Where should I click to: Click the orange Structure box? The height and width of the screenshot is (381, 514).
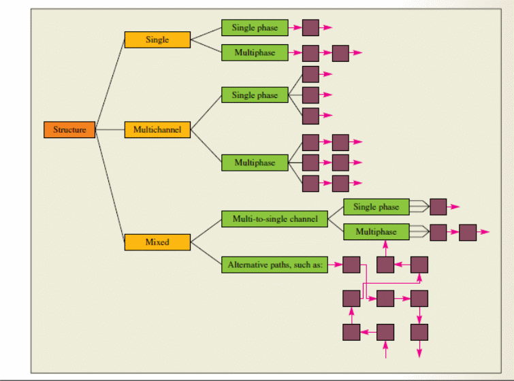point(69,129)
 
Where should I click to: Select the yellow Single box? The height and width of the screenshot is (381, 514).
point(157,40)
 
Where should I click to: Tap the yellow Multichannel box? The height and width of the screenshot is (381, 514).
point(157,129)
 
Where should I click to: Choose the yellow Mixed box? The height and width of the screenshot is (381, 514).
point(157,242)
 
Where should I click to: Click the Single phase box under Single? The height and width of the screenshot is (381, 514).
point(255,28)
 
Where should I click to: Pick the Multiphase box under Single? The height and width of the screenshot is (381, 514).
point(255,52)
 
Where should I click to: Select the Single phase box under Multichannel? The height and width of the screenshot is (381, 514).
point(255,95)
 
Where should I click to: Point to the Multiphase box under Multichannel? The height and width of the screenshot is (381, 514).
point(255,163)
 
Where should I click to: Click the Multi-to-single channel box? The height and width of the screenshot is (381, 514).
point(274,219)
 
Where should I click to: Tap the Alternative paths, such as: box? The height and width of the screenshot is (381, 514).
point(274,264)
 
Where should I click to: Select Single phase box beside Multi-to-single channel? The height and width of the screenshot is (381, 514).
point(376,207)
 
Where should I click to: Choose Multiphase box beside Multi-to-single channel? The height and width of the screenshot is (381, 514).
point(376,232)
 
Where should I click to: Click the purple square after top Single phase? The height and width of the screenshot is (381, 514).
point(310,28)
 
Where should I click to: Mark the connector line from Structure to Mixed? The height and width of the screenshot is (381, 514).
point(110,184)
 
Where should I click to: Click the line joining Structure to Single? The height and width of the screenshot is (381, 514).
point(110,84)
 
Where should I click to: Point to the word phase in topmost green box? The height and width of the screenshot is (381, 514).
point(267,28)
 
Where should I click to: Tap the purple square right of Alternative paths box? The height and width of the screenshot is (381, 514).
point(351,264)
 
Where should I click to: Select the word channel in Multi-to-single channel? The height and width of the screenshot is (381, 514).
point(302,219)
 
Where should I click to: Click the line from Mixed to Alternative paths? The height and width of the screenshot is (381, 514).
point(206,252)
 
